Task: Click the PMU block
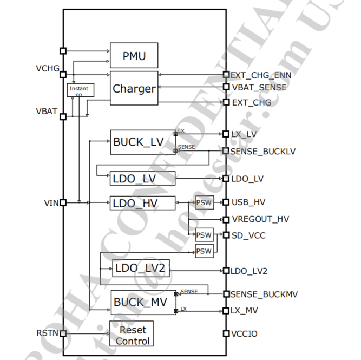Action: (x=134, y=56)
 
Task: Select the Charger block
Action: (x=134, y=88)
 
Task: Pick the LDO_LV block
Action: (x=142, y=178)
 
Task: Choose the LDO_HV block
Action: (x=142, y=203)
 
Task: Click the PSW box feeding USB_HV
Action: (x=204, y=203)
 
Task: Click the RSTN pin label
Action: (x=48, y=333)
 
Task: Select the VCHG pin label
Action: (x=48, y=69)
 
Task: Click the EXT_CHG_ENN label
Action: (x=261, y=75)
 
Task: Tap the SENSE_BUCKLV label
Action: (x=263, y=151)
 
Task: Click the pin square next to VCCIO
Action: (x=226, y=334)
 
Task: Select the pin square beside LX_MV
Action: (x=226, y=311)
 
